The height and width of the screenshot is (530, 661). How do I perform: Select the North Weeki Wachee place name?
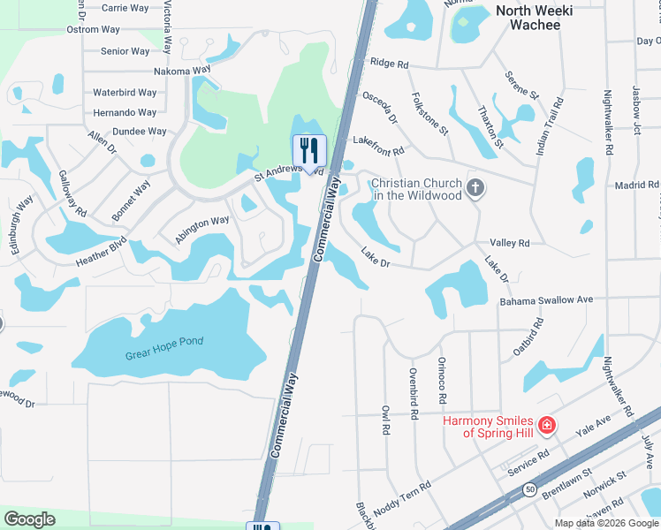pos(534,18)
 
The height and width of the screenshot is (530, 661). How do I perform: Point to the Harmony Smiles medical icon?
pos(547,426)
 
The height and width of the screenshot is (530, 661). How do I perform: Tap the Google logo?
pos(29,519)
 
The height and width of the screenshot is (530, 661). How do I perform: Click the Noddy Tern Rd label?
pos(402,496)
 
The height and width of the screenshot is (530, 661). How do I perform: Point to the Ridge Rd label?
pos(390,64)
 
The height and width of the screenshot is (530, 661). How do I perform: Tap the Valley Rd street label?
pos(510,243)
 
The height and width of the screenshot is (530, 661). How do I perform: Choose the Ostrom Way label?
pos(93,29)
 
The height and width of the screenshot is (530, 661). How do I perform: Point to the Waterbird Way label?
pos(125,92)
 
